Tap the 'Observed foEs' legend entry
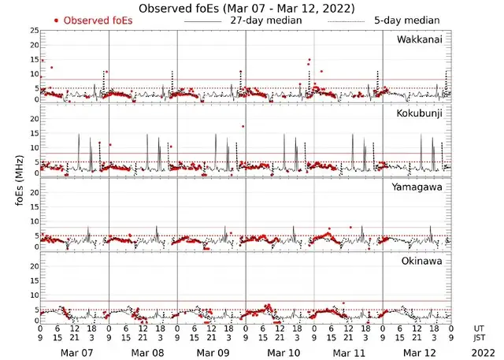98,20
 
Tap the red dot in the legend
56,20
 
